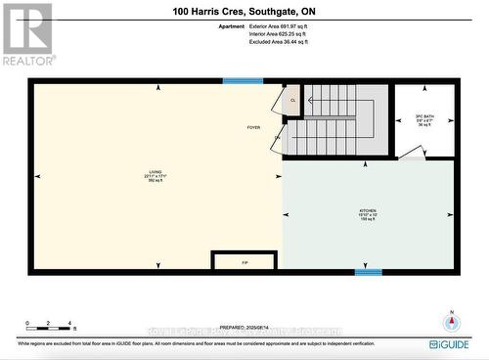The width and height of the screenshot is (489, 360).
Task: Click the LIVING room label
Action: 156,176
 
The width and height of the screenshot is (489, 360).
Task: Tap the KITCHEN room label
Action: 368,212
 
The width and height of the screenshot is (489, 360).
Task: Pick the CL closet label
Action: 291,100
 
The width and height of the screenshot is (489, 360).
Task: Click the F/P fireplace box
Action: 245,261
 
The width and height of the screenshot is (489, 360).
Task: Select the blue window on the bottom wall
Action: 368,272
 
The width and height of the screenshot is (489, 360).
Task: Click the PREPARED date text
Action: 244,329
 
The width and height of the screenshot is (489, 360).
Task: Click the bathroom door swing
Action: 411,152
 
